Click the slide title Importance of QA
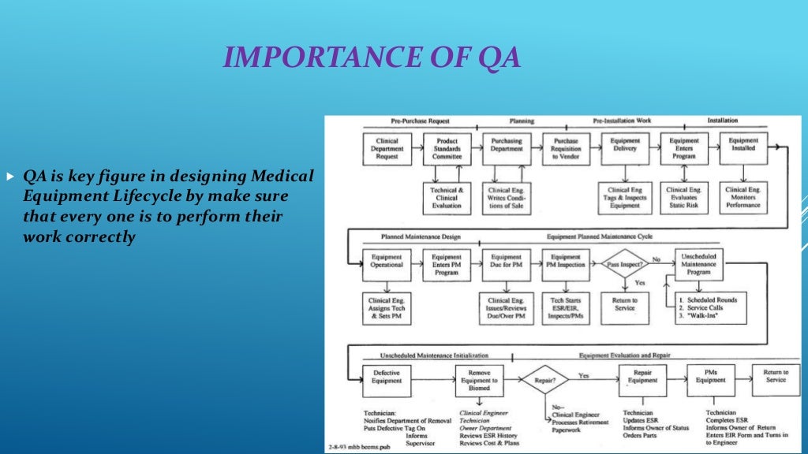372,58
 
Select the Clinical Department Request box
387,148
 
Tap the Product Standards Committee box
447,148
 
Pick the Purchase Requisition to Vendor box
566,148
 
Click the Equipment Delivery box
625,148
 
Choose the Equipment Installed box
743,148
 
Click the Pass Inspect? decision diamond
624,265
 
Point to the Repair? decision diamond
544,379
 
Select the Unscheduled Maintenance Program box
698,265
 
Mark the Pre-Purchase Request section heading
420,121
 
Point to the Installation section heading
722,121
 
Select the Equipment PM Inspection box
566,261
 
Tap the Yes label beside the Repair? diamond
583,376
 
